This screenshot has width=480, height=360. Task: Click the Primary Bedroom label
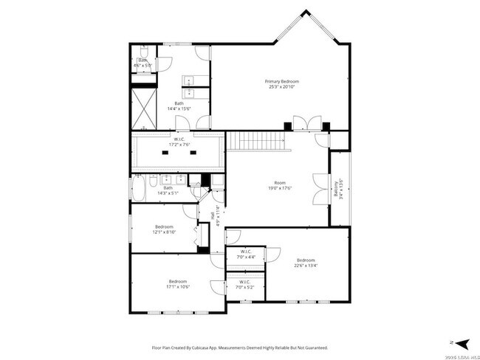coord(282,81)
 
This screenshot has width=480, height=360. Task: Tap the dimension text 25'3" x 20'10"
coord(282,87)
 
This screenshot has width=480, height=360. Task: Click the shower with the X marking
coord(143,108)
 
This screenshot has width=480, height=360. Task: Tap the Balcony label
coord(336,183)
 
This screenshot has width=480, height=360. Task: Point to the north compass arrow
coord(461,343)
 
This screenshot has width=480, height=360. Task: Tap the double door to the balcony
coord(320,188)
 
